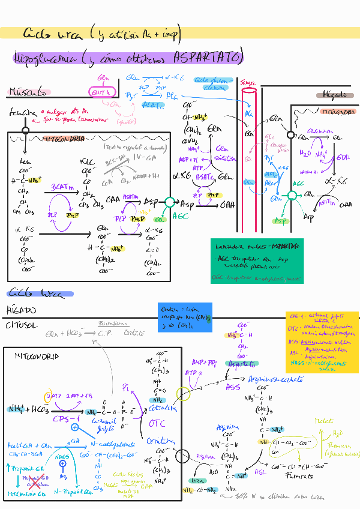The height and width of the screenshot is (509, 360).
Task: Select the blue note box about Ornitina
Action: (185, 316)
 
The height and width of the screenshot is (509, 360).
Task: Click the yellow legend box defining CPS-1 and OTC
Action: (322, 342)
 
